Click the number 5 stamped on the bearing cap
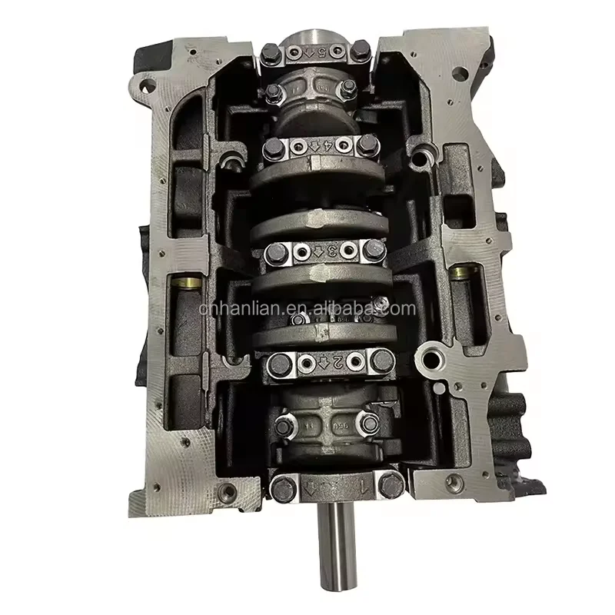(313, 52)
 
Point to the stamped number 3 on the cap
(332, 251)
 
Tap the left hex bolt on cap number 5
(270, 55)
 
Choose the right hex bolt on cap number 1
(392, 484)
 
